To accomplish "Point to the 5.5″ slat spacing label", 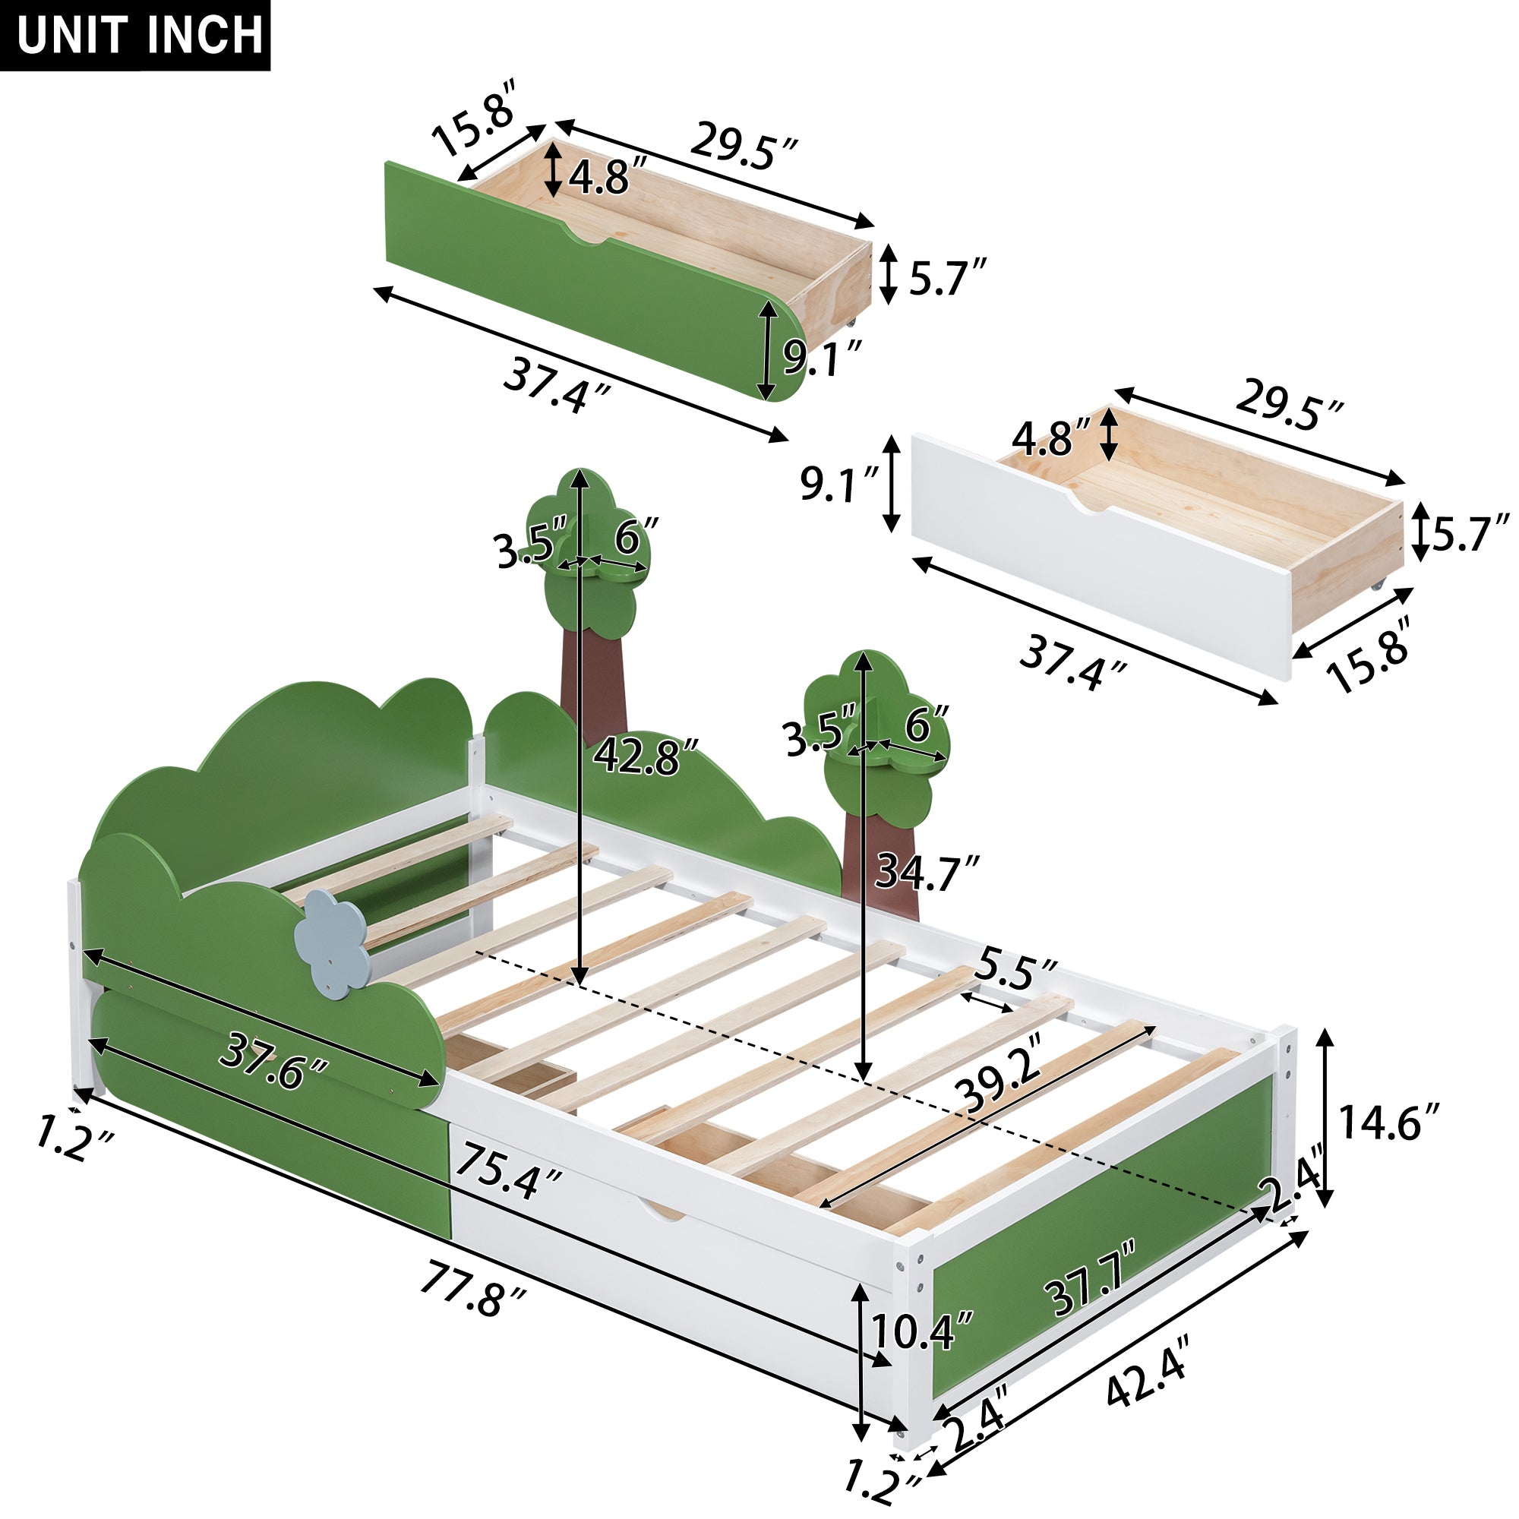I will [1015, 973].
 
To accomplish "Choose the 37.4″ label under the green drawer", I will [557, 384].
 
